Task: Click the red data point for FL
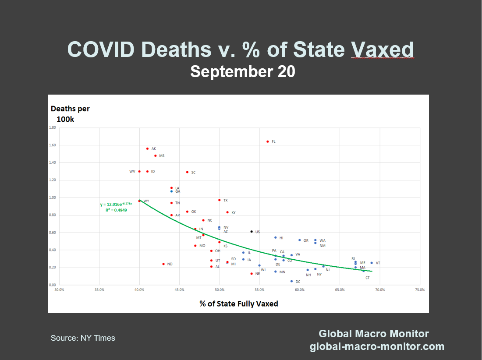(x=267, y=141)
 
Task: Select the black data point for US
(x=252, y=231)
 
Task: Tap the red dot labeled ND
(x=163, y=264)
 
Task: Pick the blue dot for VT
(x=372, y=263)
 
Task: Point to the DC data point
(x=291, y=281)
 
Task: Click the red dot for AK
(x=147, y=148)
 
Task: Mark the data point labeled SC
(x=187, y=172)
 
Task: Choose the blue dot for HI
(x=275, y=237)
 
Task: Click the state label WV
(x=132, y=172)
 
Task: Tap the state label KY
(x=234, y=212)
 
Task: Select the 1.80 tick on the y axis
(x=52, y=128)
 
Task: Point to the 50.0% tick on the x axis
(x=220, y=289)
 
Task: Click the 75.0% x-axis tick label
(x=420, y=289)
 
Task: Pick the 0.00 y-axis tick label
(x=52, y=285)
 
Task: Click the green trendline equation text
(x=116, y=204)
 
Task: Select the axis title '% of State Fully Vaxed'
(x=239, y=304)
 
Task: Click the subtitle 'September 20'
(x=242, y=71)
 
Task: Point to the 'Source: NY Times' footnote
(x=83, y=338)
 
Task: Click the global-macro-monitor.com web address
(x=377, y=347)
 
